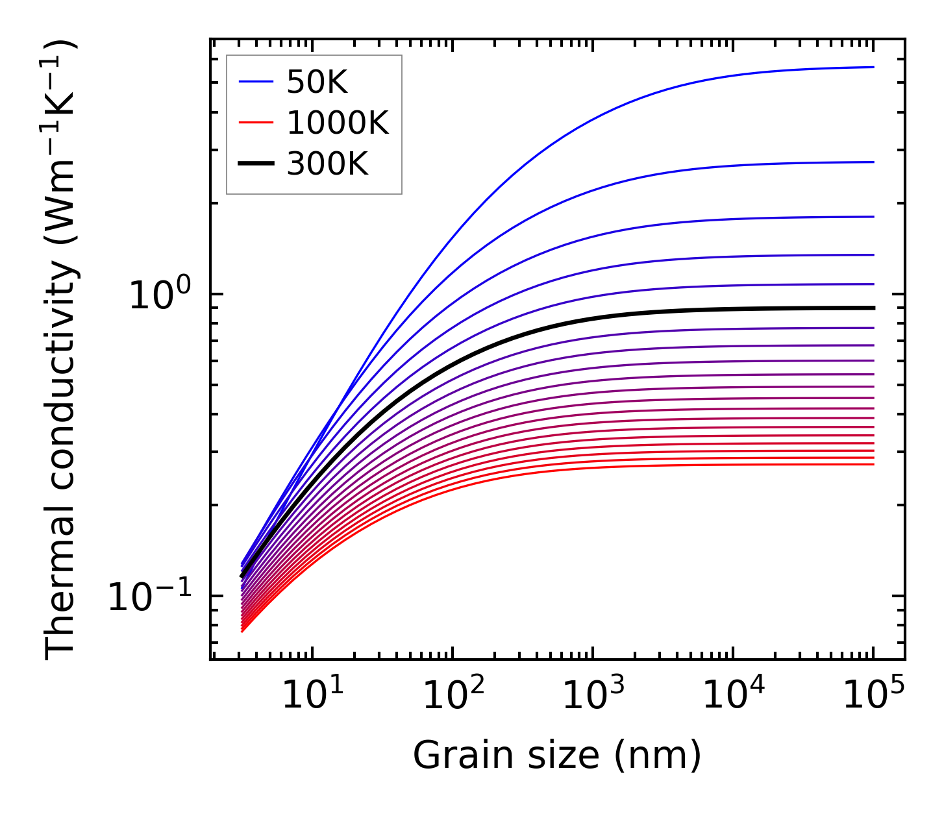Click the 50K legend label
(317, 82)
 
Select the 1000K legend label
(338, 123)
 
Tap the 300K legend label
(327, 164)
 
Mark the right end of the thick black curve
(873, 308)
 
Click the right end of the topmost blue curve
(873, 67)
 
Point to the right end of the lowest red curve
(873, 464)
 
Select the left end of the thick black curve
(242, 576)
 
